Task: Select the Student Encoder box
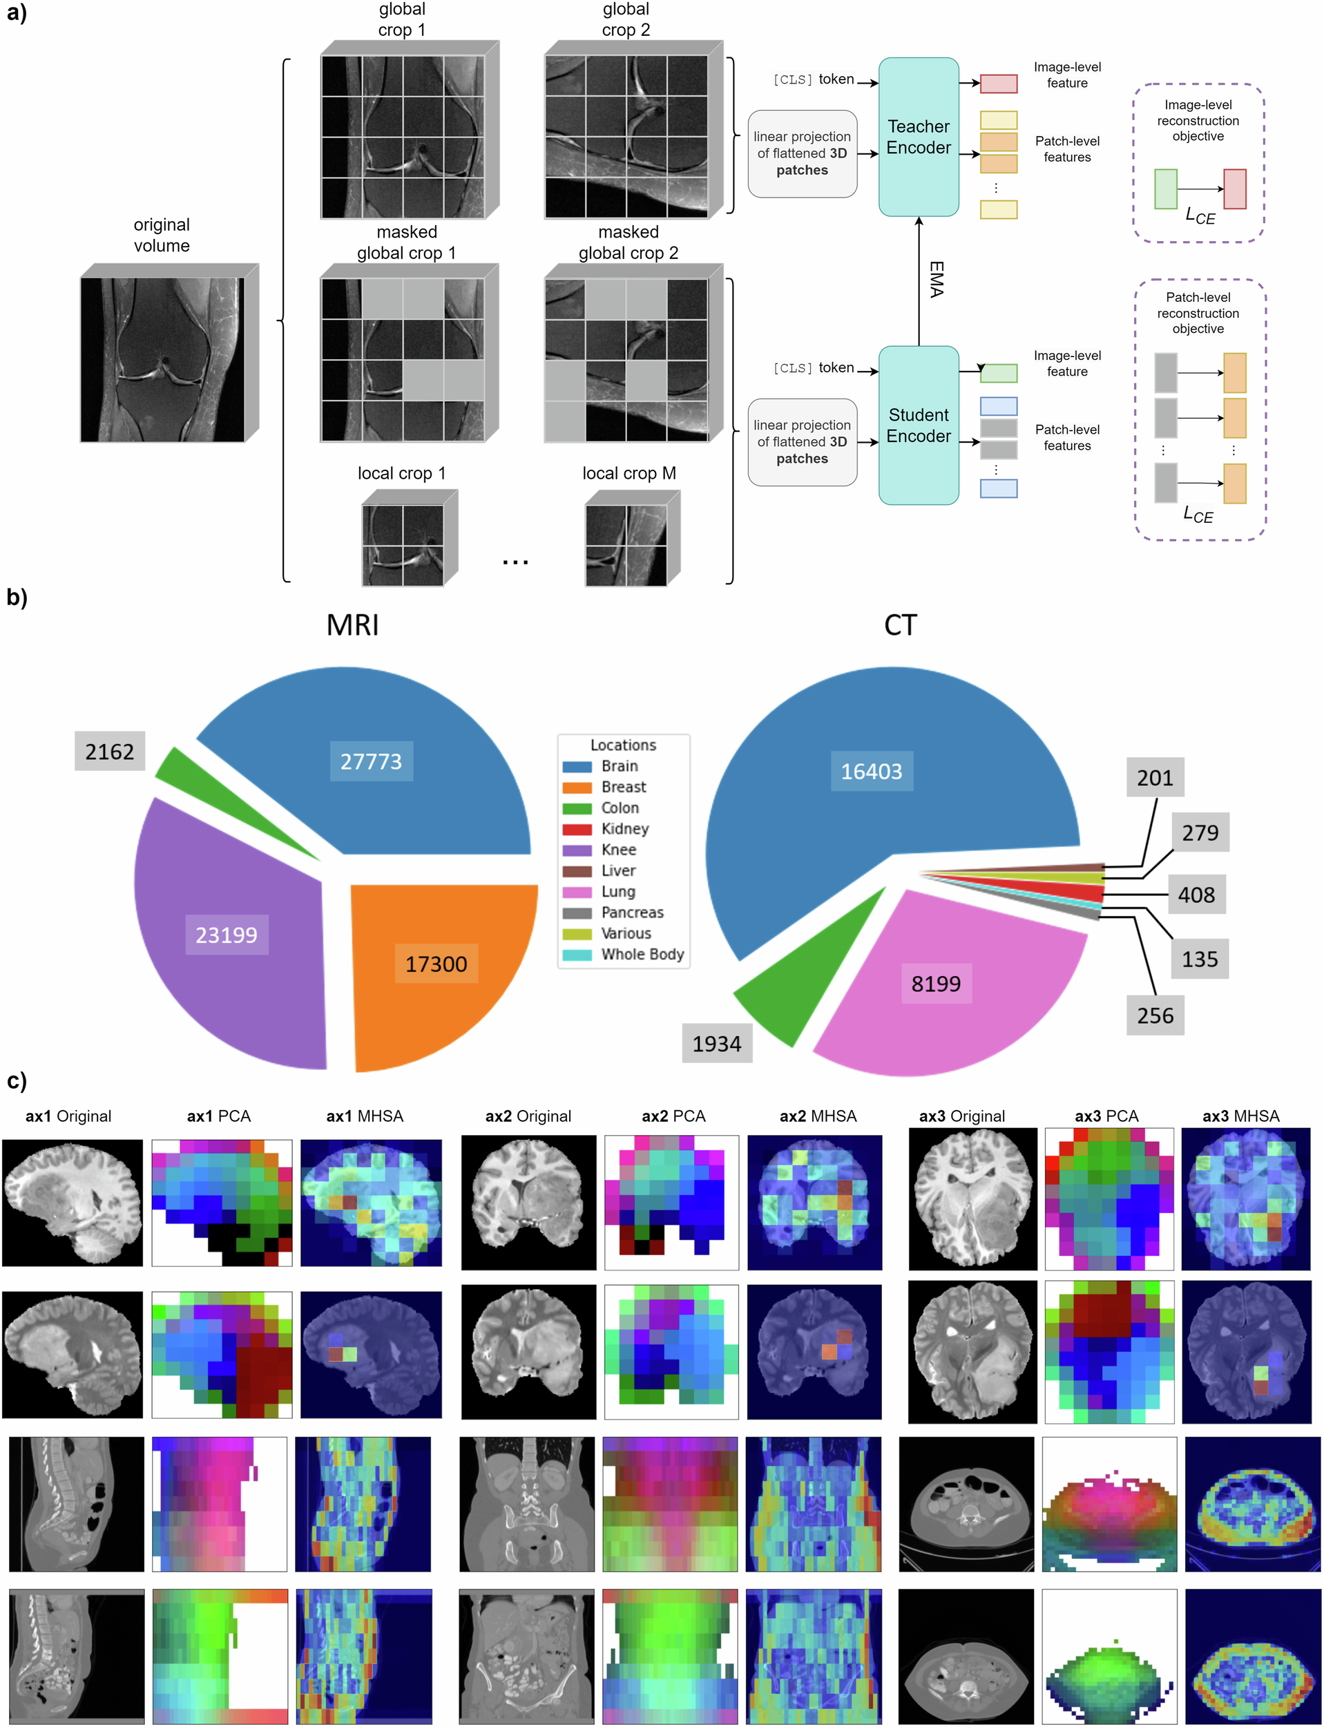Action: click(918, 425)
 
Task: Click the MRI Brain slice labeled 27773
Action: click(370, 761)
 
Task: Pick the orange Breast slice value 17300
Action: click(436, 963)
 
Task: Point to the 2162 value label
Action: click(110, 751)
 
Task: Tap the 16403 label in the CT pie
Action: click(871, 771)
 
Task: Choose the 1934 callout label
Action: click(716, 1044)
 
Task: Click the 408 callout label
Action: click(1196, 895)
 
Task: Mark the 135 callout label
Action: click(1200, 958)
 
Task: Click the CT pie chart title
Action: click(900, 625)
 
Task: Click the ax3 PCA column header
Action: click(1106, 1116)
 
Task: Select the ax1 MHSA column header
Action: click(364, 1116)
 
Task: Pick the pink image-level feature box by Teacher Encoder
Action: click(998, 83)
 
